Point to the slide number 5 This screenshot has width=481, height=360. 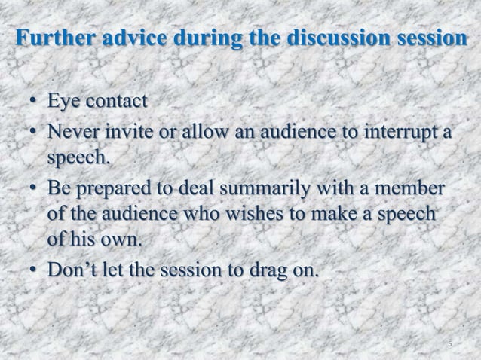(x=449, y=345)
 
